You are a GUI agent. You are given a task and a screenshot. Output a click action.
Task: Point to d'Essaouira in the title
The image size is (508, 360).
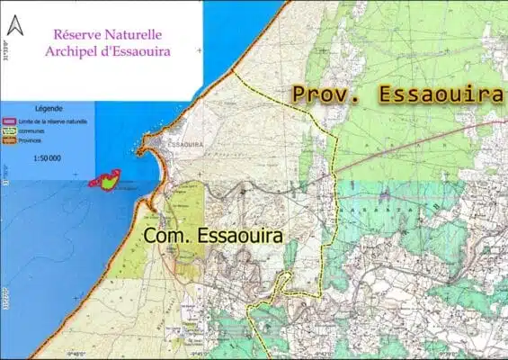(x=138, y=50)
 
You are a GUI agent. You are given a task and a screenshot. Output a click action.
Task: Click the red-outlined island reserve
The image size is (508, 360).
(x=106, y=180)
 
